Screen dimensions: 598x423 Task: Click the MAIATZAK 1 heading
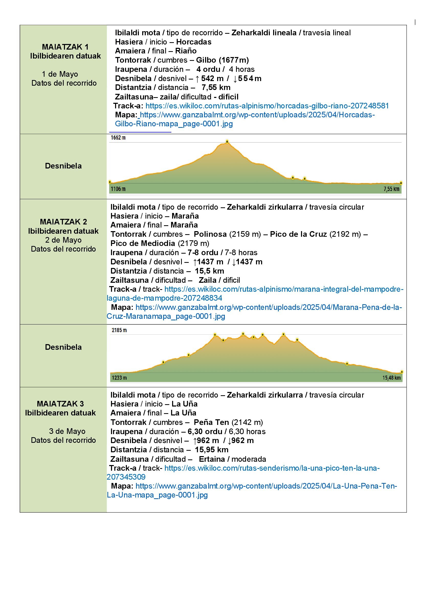(x=65, y=47)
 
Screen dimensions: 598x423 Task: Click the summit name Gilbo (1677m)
(x=222, y=60)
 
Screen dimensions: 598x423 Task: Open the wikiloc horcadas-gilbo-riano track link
(x=267, y=106)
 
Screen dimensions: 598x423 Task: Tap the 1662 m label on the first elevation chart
(x=118, y=138)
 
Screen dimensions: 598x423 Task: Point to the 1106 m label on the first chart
(x=118, y=189)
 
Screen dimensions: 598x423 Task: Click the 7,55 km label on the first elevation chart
(x=391, y=189)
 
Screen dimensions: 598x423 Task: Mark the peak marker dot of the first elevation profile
(x=227, y=142)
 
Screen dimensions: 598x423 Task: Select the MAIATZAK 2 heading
(x=63, y=222)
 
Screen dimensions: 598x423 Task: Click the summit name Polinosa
(x=210, y=234)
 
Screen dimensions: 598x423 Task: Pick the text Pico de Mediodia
(x=143, y=243)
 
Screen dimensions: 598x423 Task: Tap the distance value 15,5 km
(x=209, y=271)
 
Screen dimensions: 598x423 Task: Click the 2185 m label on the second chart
(x=119, y=330)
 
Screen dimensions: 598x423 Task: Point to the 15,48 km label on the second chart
(x=391, y=378)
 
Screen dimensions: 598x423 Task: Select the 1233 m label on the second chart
(x=119, y=378)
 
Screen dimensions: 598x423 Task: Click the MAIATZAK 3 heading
(x=60, y=404)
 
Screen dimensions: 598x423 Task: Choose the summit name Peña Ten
(x=211, y=422)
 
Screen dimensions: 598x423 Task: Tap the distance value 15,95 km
(x=211, y=449)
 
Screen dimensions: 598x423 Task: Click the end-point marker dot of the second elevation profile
(x=402, y=372)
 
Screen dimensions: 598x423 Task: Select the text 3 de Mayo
(x=67, y=431)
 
